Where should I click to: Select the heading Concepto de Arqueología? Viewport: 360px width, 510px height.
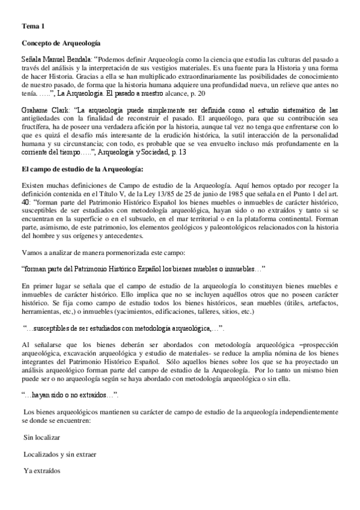[61, 43]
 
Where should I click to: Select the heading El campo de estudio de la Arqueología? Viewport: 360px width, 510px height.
[82, 170]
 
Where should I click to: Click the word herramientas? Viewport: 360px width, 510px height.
[40, 312]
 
